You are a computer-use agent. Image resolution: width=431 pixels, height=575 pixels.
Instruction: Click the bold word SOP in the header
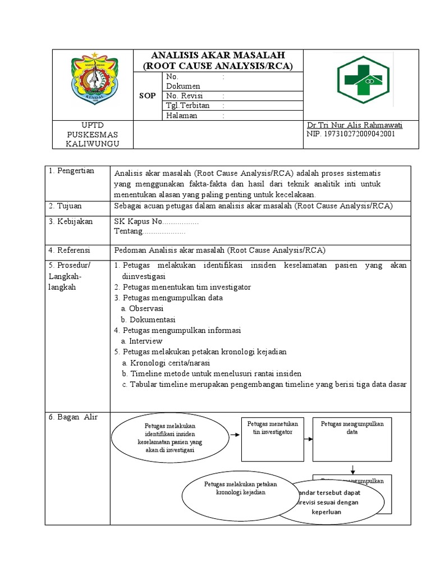pos(148,96)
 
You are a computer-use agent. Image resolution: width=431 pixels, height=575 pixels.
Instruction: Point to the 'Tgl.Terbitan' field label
pos(187,106)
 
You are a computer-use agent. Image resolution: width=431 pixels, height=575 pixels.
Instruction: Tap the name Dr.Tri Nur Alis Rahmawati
pos(355,125)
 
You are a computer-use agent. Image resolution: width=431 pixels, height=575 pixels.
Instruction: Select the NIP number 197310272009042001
pos(351,134)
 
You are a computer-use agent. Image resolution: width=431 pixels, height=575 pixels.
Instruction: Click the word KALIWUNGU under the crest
pos(93,144)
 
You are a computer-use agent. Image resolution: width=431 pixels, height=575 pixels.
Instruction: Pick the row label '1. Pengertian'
pos(71,171)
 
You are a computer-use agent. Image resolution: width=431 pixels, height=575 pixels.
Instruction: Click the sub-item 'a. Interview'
pos(141,341)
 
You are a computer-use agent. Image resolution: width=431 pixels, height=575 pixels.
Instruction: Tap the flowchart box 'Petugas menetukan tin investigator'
pos(273,438)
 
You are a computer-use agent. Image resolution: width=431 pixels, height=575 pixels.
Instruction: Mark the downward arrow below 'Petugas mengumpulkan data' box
pos(352,468)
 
